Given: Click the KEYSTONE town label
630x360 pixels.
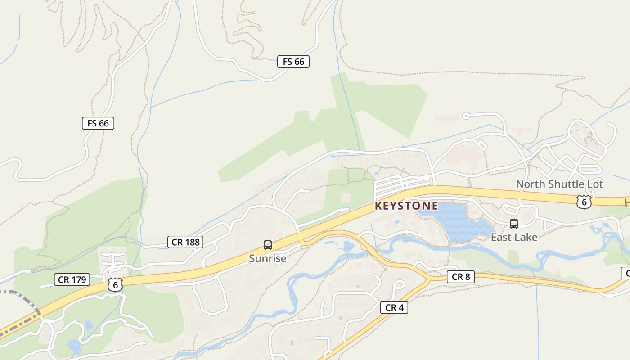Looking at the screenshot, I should click(406, 206).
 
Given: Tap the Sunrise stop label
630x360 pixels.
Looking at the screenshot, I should click(268, 259).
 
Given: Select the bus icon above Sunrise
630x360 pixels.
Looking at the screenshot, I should click(268, 245).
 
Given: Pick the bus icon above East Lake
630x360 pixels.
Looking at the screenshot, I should click(513, 224).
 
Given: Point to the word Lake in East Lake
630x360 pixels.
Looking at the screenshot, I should click(526, 237).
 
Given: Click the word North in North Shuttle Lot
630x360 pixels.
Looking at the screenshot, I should click(530, 184).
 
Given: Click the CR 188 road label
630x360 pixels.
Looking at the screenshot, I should click(185, 242).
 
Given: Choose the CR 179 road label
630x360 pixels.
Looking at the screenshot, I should click(72, 279).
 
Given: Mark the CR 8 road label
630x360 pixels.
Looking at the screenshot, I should click(461, 277).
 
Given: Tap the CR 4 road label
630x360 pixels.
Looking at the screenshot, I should click(394, 307).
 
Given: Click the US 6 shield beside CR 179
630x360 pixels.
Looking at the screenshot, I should click(115, 284).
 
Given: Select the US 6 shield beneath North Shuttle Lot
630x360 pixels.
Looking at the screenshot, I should click(584, 202).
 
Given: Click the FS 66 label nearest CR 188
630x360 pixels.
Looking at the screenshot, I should click(98, 123).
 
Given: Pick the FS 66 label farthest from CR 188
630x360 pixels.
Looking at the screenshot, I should click(293, 62).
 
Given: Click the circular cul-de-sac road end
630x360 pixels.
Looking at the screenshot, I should click(466, 116).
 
